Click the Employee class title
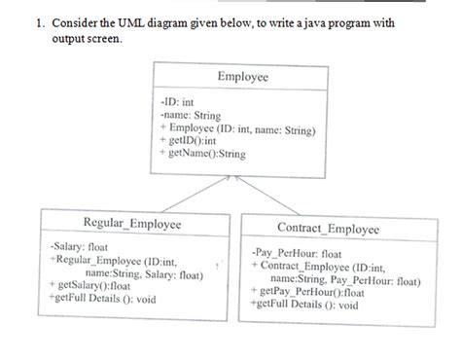click(242, 76)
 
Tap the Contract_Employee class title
click(328, 229)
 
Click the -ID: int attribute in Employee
click(182, 100)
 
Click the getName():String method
click(202, 154)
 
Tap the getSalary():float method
click(91, 287)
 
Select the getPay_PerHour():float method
click(311, 291)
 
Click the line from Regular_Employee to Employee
click(185, 195)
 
